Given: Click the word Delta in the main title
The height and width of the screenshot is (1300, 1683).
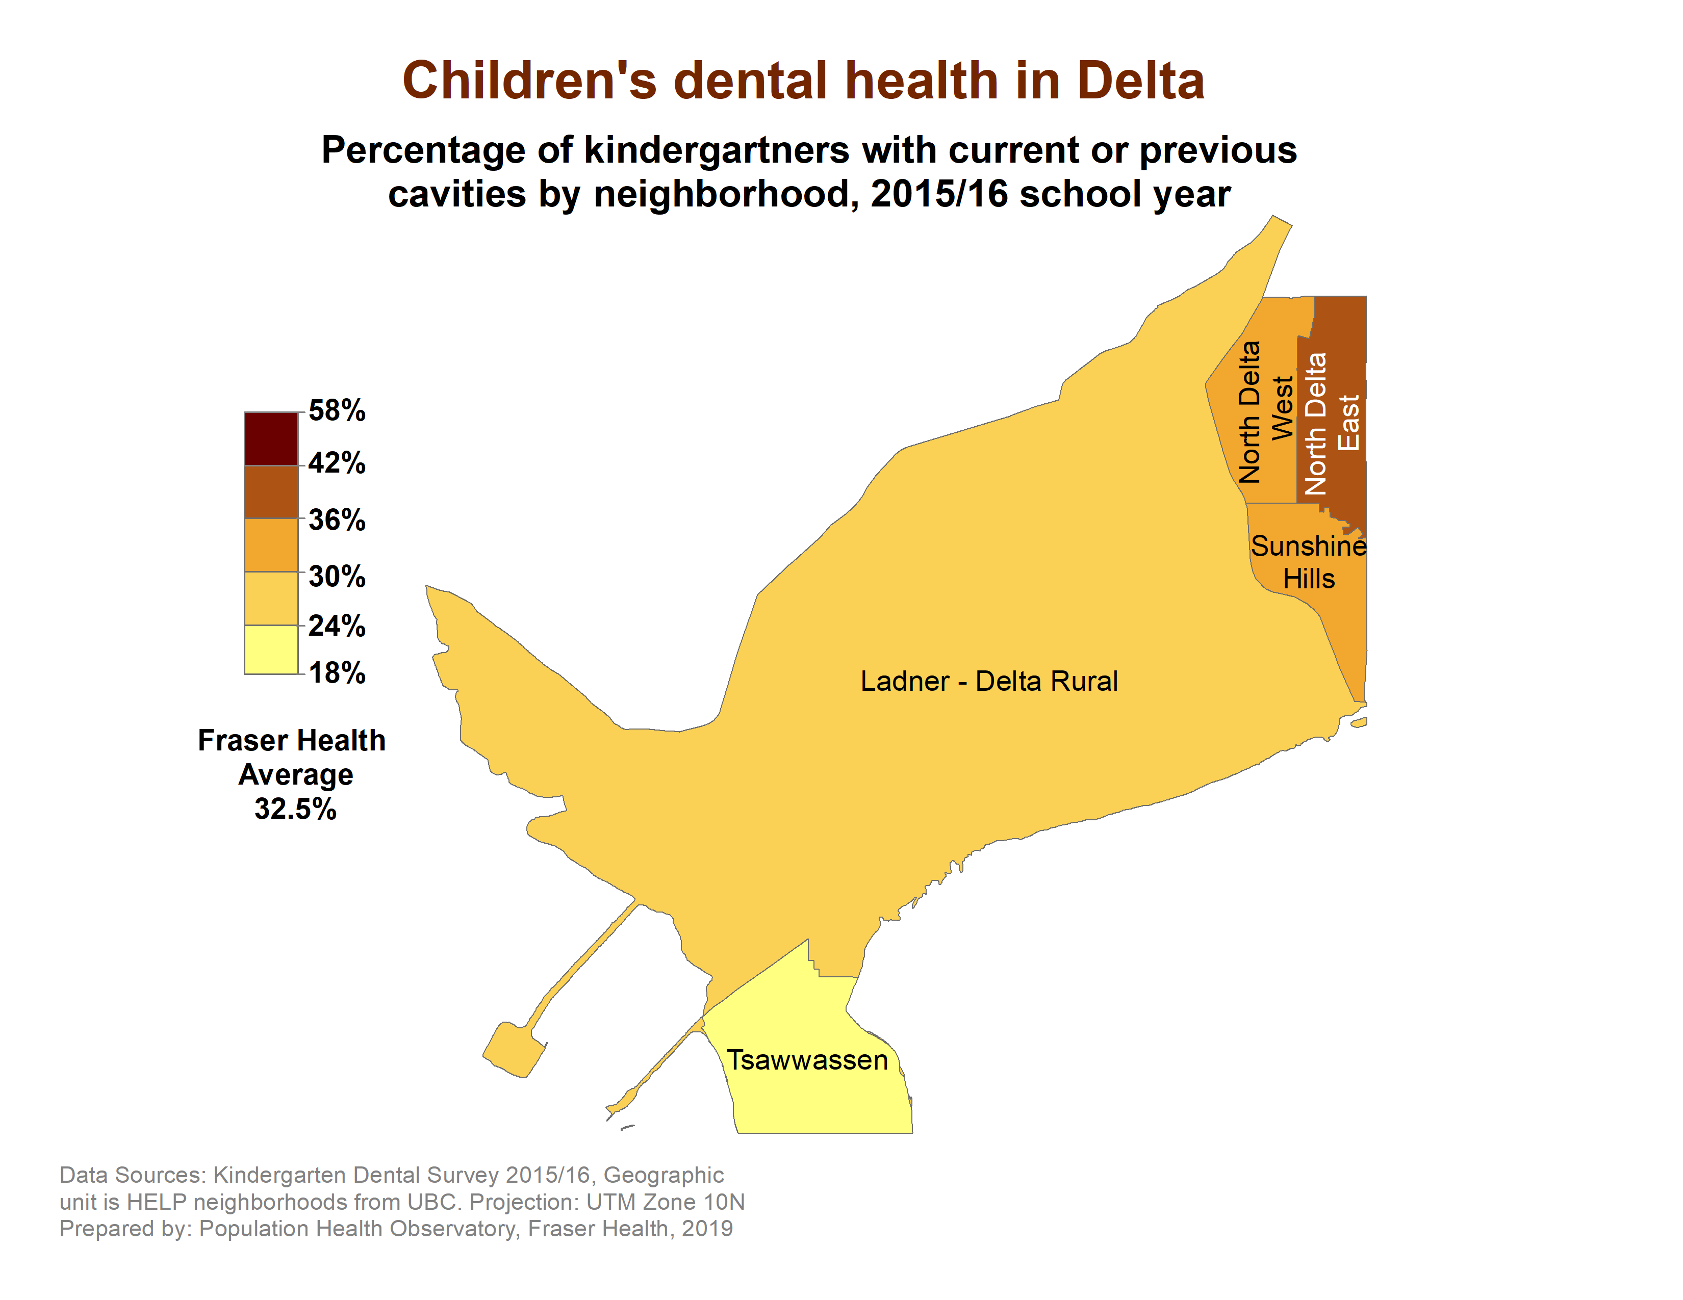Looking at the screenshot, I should coord(1140,81).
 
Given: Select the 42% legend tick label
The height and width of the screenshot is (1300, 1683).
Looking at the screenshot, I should coord(337,463).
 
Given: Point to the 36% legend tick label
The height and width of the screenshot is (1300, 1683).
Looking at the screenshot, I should coord(337,520).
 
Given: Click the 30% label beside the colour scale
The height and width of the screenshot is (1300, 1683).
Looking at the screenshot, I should coord(337,576).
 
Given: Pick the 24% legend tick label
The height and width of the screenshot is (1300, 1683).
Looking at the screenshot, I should coord(337,626).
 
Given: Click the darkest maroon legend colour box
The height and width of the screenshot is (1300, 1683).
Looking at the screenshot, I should coord(270,438).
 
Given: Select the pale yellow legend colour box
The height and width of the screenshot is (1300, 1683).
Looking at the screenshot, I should coord(270,649).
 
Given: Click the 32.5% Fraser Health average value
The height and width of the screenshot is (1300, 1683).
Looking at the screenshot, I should coord(295,809).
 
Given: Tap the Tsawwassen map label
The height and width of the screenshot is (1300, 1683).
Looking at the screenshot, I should coord(807,1060).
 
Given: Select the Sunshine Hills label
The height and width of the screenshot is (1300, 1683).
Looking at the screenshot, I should coord(1308,562).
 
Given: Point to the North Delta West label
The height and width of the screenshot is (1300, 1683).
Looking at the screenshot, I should coord(1265,412).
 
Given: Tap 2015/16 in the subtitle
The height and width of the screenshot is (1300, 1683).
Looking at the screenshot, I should coord(938,194).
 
